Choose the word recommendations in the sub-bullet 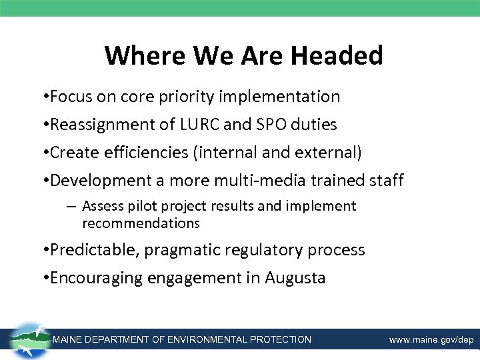[x=141, y=223]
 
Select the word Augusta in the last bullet [x=295, y=278]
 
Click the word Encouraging [x=102, y=279]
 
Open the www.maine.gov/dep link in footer [x=431, y=340]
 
